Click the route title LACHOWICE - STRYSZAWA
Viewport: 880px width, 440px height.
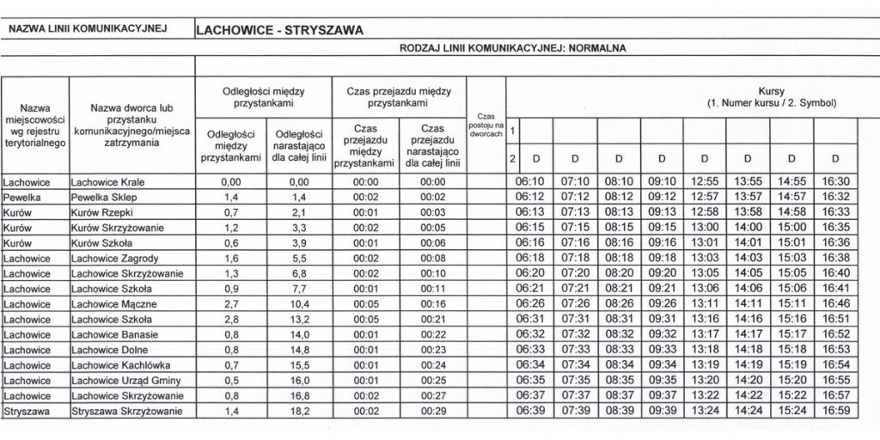(280, 29)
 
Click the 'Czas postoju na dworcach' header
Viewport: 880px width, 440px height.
(486, 127)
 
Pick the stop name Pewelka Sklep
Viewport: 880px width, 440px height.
(102, 196)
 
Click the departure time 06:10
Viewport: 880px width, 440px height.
(530, 181)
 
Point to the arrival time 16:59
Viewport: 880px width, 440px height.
(835, 412)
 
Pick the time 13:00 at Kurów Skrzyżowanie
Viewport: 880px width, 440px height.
(704, 227)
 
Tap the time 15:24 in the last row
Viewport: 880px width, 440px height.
(791, 412)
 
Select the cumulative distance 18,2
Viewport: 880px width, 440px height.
(298, 412)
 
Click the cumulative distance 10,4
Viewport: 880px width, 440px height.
(298, 304)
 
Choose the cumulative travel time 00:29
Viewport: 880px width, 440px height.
(435, 412)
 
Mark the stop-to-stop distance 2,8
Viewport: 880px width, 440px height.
(229, 320)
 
